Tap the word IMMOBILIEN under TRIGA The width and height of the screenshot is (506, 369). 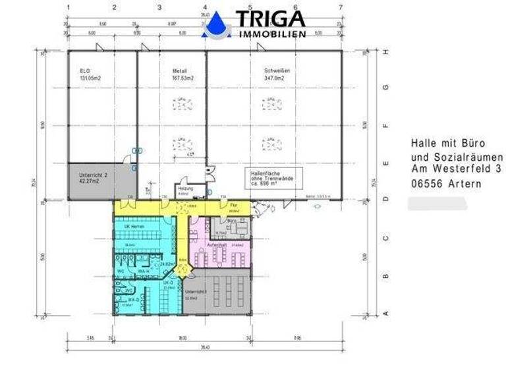(272, 34)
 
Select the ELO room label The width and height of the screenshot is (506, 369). (84, 71)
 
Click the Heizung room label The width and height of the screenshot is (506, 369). (184, 188)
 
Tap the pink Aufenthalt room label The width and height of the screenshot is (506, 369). (216, 243)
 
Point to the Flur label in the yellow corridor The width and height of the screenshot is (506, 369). (233, 205)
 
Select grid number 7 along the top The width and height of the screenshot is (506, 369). (340, 7)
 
